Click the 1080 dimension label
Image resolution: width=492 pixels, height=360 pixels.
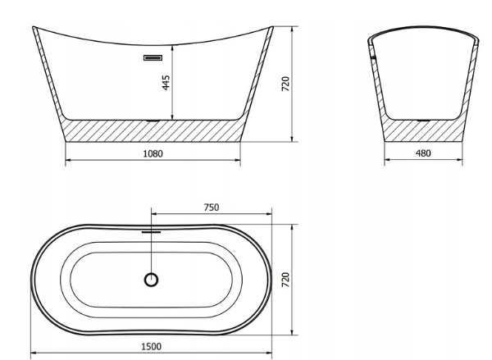point(153,153)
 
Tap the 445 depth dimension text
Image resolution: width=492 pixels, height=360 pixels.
point(166,82)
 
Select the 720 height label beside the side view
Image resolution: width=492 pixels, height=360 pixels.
point(285,84)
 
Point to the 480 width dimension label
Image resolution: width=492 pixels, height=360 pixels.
point(423,153)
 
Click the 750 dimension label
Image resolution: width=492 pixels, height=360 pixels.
point(212,207)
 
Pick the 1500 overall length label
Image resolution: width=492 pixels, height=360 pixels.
point(151,347)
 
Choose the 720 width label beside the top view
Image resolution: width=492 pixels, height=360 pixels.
point(285,280)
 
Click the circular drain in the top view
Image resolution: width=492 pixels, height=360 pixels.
point(151,280)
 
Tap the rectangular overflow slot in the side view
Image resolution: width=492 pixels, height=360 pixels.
point(153,57)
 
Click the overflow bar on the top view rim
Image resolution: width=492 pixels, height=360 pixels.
point(151,232)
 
